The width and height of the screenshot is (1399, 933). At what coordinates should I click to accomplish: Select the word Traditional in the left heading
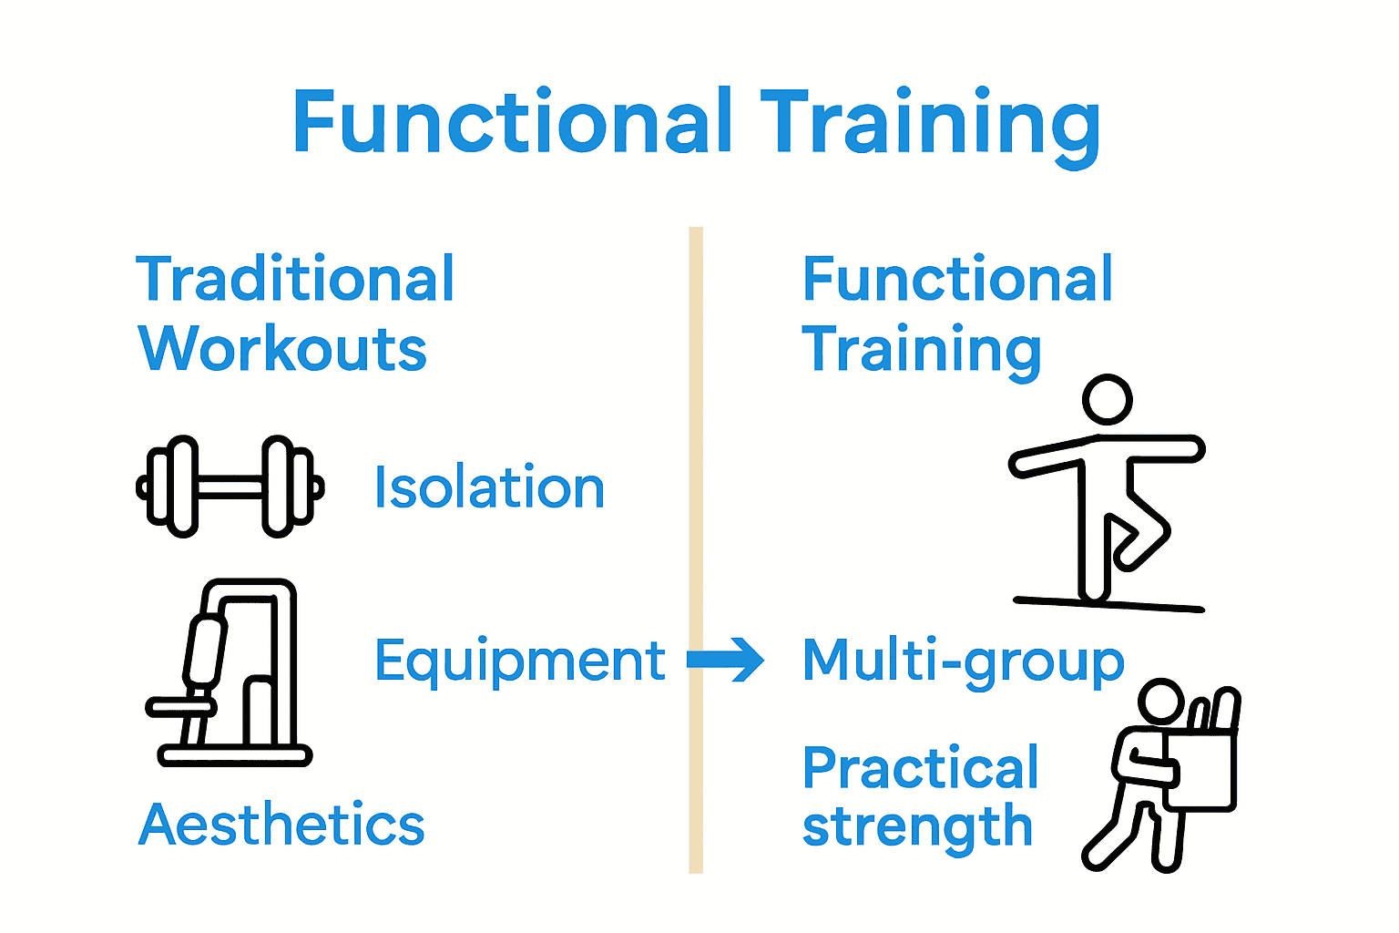click(295, 279)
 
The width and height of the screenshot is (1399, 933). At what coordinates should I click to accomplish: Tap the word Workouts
click(282, 349)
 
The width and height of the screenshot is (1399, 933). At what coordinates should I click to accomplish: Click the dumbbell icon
click(230, 487)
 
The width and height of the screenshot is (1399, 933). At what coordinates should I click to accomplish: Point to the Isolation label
click(489, 487)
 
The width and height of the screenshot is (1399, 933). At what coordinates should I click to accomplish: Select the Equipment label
click(520, 660)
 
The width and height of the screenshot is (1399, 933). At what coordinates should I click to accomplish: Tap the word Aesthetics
click(281, 825)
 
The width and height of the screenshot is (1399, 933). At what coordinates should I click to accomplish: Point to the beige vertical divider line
click(696, 547)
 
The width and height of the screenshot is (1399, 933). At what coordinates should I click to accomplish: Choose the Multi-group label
click(963, 661)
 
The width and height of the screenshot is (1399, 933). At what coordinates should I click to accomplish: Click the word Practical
click(920, 768)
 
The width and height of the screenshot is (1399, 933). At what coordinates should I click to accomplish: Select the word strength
click(917, 827)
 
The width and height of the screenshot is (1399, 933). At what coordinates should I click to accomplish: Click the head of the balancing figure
click(1107, 400)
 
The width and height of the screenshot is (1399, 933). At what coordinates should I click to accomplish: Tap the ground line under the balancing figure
click(1108, 604)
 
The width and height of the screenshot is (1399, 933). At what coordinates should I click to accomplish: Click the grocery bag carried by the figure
click(1202, 770)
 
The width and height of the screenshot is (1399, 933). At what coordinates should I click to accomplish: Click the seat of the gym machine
click(182, 706)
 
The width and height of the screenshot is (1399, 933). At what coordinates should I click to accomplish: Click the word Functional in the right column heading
click(957, 279)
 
